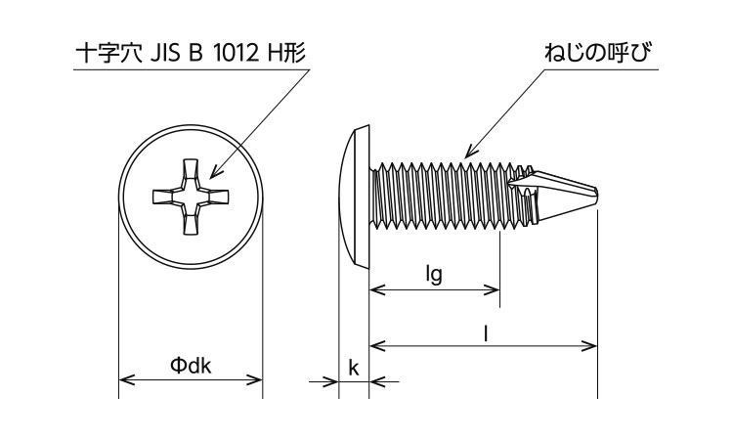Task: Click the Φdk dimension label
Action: coord(191,366)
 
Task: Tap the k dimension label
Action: coord(353,368)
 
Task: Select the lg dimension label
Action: coord(434,276)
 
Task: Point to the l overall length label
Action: coord(486,332)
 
